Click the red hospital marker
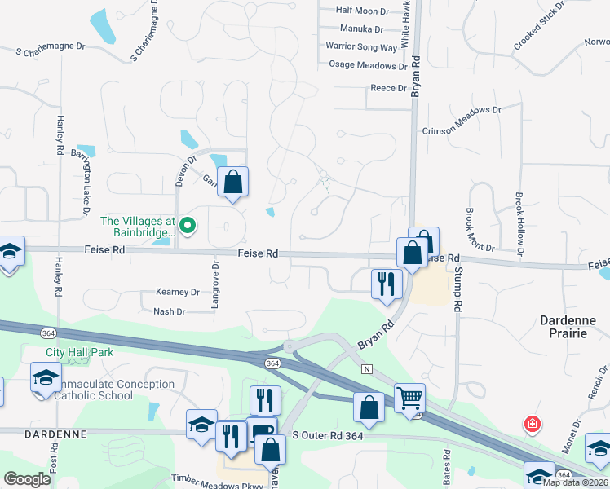532,425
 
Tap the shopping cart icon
409,399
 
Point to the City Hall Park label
80,352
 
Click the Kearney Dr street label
177,292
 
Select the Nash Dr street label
170,311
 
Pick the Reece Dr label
388,88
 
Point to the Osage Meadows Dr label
367,65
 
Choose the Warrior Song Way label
361,47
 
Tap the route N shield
367,369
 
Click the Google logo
27,479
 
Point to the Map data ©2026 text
574,482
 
